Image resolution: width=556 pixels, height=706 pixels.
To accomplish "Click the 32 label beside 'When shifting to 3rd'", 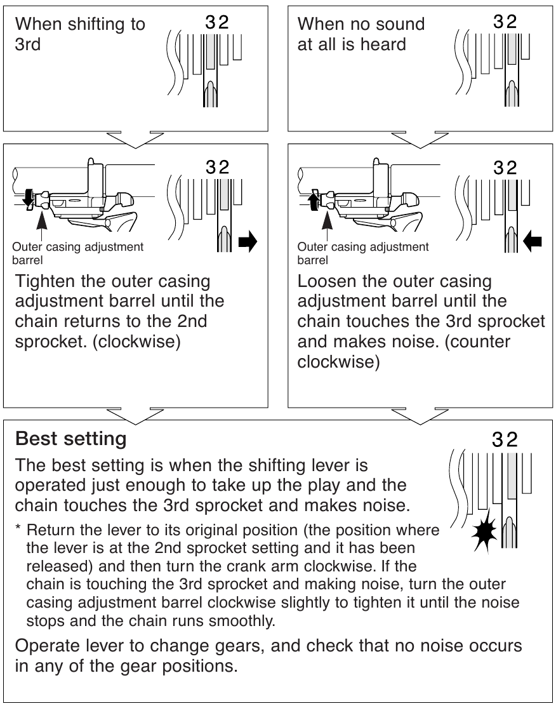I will pyautogui.click(x=217, y=22).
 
